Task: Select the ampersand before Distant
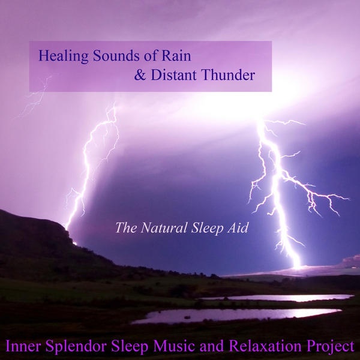click(x=140, y=75)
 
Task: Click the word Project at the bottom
click(x=328, y=347)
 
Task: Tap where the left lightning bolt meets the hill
click(x=67, y=228)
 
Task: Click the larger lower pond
click(x=236, y=315)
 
